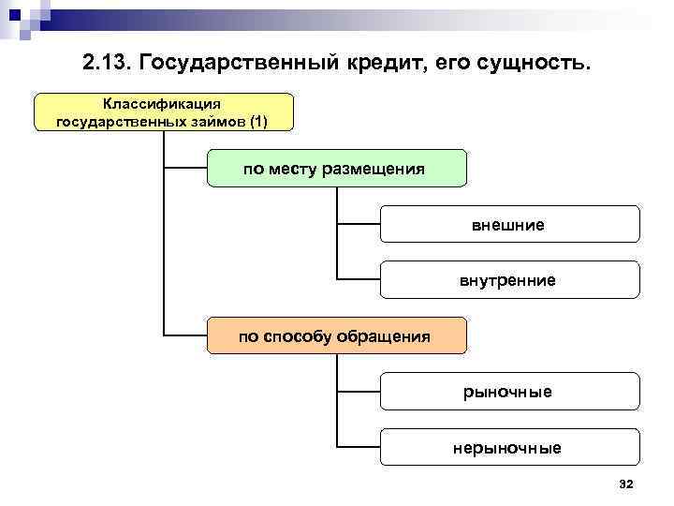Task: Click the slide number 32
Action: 627,484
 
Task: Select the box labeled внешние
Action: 510,225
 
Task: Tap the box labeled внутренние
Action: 510,280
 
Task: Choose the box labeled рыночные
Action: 510,392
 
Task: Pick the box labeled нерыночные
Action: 510,448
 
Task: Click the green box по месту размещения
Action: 335,169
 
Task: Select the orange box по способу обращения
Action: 335,336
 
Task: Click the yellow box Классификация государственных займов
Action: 163,112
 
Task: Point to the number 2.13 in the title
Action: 103,64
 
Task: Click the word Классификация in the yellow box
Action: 163,102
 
